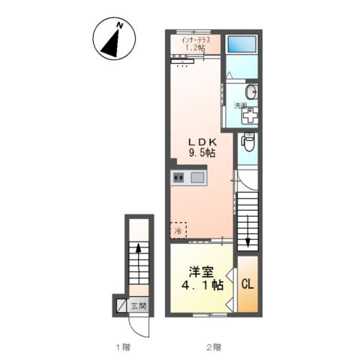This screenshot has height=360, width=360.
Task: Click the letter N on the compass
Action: coord(120,25)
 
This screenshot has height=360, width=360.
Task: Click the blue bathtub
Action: coord(241,44)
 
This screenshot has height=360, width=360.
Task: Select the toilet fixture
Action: coord(248,142)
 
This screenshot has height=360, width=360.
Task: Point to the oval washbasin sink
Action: coord(251,92)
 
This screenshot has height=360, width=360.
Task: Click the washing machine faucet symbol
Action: coord(250,115)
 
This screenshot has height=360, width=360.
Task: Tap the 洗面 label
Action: coord(240,106)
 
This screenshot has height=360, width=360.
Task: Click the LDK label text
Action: coord(202,142)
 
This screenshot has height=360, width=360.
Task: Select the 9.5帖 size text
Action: coord(202,152)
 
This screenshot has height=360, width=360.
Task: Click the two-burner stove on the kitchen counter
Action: coord(178,178)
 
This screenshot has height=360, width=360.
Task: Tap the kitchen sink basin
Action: coord(197,178)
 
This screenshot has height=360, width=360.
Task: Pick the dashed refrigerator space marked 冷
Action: coord(178,230)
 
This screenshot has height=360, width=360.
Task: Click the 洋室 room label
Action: coord(202,272)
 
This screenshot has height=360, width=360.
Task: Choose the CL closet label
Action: coord(247,284)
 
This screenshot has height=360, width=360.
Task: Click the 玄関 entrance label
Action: coord(139,306)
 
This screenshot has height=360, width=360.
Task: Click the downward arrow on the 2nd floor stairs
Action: coord(247,231)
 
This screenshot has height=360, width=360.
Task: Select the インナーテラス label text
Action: coord(196,40)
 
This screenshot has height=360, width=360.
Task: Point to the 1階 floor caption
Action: coord(123,347)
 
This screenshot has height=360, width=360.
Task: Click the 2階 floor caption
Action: coord(214,347)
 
